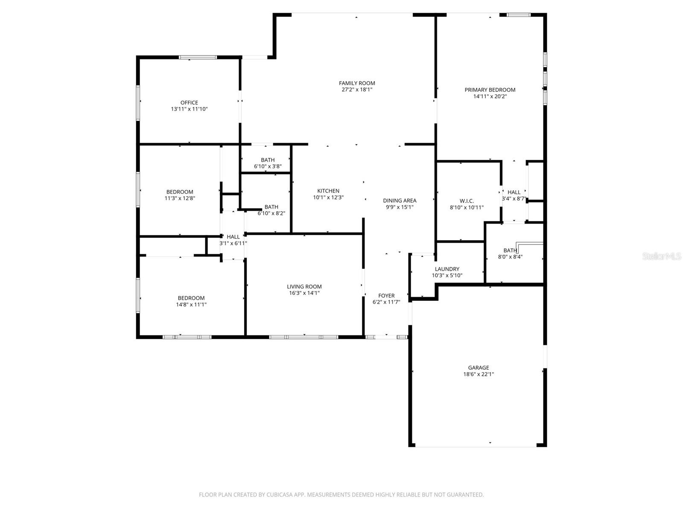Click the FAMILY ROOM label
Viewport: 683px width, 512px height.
tap(357, 83)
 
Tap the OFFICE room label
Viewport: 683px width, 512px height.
tap(189, 102)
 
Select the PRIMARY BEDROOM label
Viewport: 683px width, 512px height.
tap(490, 90)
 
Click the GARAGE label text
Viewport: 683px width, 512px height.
tap(478, 367)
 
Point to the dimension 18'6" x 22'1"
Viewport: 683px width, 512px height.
tap(478, 374)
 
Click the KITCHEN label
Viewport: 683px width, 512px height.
tap(328, 191)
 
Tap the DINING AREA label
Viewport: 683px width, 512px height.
tap(400, 201)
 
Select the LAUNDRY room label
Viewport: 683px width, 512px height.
tap(447, 269)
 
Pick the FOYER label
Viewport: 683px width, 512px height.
tap(386, 295)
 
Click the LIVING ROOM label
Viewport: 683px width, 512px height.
tap(304, 286)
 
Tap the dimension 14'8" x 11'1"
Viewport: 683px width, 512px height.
tap(191, 305)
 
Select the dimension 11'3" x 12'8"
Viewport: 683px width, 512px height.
tap(180, 198)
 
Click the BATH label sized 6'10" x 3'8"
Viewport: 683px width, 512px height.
tap(268, 160)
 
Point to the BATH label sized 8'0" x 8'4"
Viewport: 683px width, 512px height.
tap(510, 250)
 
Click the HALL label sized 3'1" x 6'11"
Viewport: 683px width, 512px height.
tap(233, 237)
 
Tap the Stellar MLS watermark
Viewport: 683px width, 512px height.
tap(661, 256)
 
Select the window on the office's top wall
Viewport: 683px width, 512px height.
tap(198, 57)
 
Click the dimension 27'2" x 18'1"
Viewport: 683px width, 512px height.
tap(357, 90)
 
